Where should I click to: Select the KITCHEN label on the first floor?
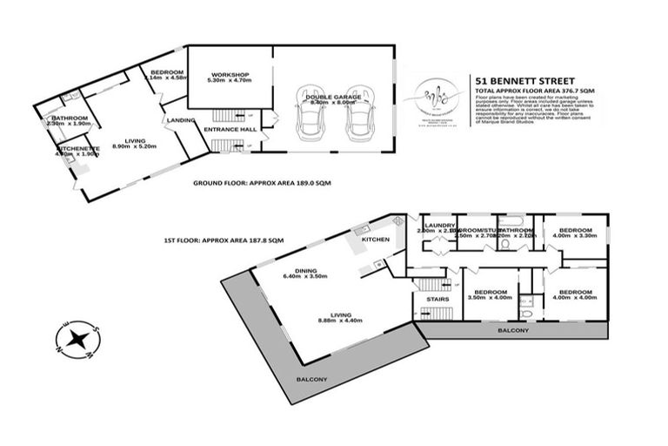coord(376,238)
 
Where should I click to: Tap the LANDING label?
coord(181,120)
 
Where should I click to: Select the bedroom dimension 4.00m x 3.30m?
coord(576,235)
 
